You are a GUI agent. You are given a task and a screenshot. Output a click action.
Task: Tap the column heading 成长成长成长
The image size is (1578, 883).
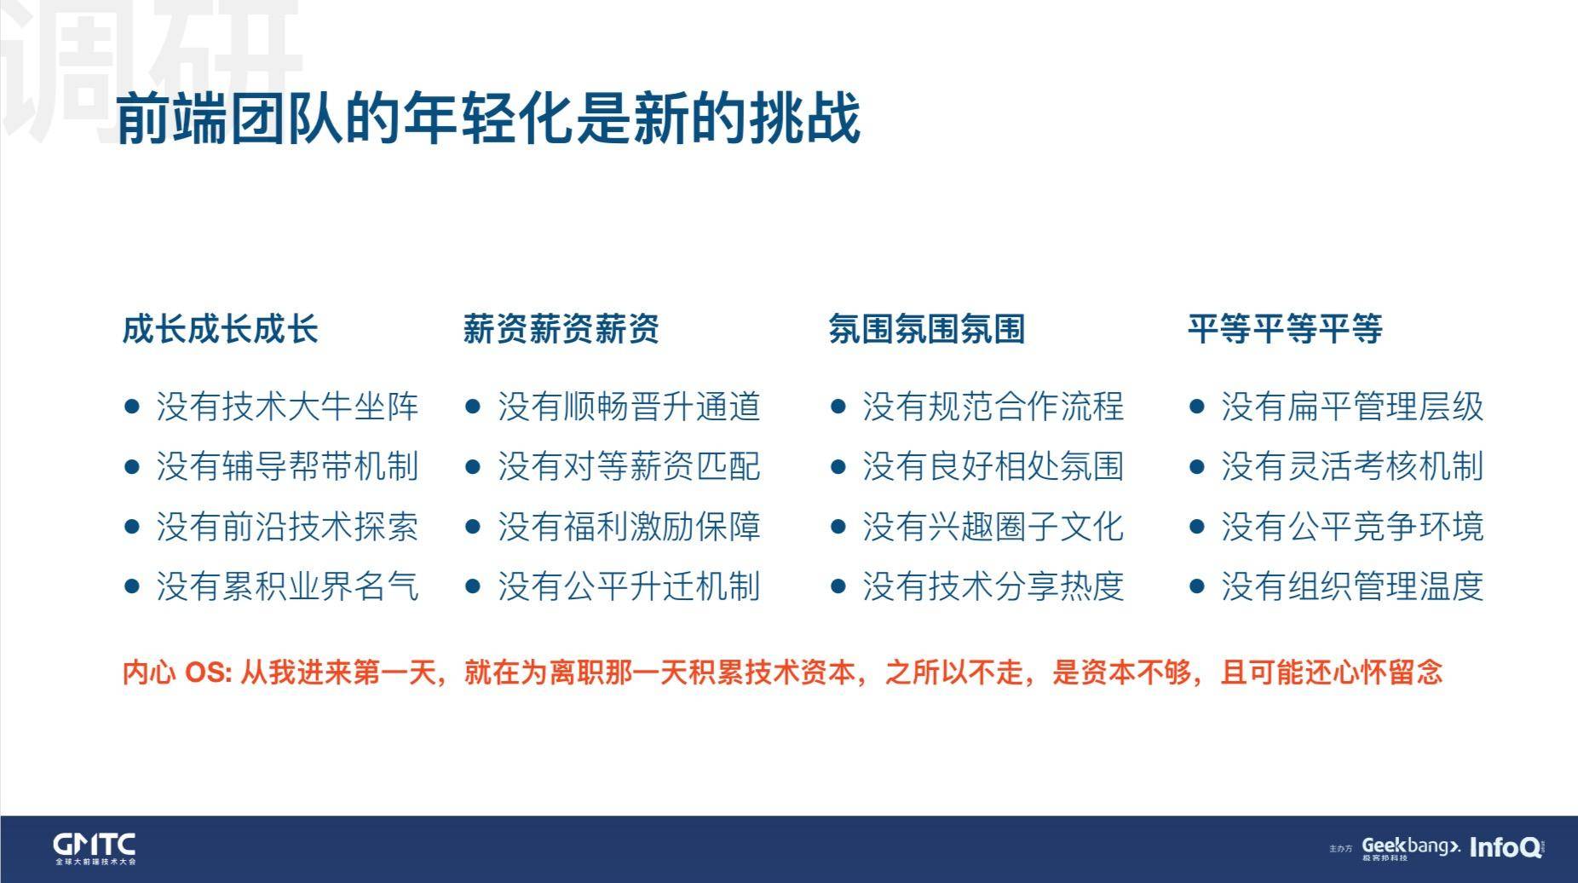(220, 329)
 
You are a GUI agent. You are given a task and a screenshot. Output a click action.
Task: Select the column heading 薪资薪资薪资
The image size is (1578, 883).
(561, 329)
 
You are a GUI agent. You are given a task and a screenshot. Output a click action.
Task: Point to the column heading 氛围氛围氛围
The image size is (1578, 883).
(926, 329)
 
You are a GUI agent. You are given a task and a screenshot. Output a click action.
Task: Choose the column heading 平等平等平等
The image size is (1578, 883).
(1285, 329)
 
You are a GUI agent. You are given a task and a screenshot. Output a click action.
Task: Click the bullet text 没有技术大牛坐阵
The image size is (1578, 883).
(287, 407)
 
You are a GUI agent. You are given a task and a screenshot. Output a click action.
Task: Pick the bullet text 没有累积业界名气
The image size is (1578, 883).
(287, 586)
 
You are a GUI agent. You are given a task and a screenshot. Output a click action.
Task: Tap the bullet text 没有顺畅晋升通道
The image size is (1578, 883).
(629, 407)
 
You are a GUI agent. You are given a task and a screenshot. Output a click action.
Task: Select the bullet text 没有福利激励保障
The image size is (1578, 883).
(629, 527)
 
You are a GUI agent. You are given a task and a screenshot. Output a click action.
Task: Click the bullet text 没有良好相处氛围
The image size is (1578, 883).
(993, 466)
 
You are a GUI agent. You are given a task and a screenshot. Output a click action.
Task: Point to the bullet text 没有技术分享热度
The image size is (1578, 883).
(993, 586)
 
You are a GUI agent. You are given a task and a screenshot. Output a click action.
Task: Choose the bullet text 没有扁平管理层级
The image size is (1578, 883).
(1352, 407)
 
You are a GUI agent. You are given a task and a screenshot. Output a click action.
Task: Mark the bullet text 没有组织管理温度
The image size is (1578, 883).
(1352, 586)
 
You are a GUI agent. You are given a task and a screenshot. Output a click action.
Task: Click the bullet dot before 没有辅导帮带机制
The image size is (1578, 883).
(131, 467)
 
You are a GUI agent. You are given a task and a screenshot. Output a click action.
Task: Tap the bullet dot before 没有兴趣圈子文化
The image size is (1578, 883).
(838, 527)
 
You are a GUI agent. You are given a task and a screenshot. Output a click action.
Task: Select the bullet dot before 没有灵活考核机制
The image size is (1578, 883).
(1196, 467)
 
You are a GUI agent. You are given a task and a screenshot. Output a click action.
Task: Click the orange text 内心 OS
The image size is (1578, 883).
(176, 672)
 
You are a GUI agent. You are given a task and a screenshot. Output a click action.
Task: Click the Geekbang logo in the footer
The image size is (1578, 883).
(1410, 848)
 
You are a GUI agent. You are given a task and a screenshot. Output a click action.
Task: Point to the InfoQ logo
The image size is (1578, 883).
(1506, 847)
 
